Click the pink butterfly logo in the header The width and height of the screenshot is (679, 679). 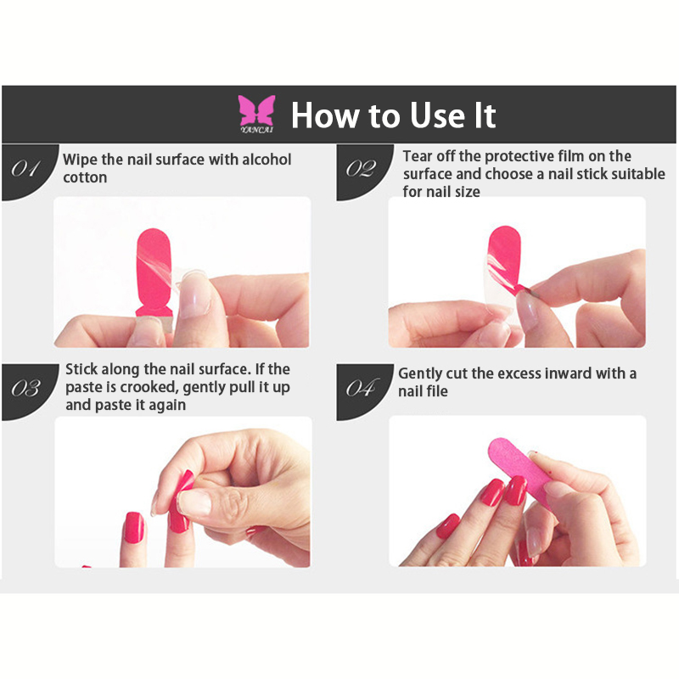(256, 111)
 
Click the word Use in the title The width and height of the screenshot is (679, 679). (436, 115)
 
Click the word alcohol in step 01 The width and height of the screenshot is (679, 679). (267, 160)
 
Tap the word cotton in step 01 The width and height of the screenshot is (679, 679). (85, 177)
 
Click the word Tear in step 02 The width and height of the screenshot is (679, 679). (418, 156)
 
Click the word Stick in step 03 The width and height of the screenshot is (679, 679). (81, 369)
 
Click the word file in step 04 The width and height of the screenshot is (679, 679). (437, 391)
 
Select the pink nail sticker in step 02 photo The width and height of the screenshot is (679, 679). (504, 258)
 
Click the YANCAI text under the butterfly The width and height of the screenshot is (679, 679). (257, 130)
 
